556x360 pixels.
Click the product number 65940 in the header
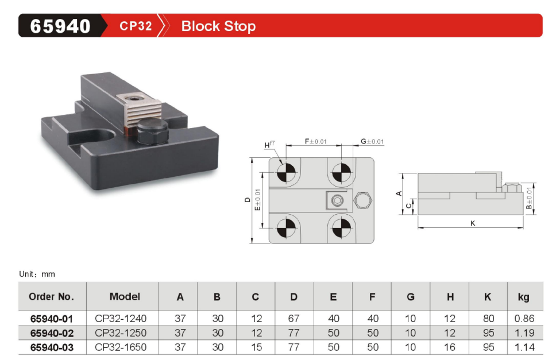(x=60, y=26)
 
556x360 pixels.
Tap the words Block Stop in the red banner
(x=218, y=26)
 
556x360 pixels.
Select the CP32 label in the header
(x=136, y=26)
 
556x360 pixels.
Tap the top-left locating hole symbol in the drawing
(x=285, y=172)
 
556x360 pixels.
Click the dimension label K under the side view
(x=473, y=223)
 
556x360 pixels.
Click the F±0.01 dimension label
(x=316, y=141)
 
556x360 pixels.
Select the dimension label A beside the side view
(x=398, y=193)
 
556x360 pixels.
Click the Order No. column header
(x=52, y=297)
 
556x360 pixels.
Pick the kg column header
(x=523, y=297)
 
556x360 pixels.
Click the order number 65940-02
(x=52, y=333)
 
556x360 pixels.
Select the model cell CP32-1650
(x=121, y=347)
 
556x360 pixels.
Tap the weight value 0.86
(x=523, y=319)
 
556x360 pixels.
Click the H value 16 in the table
(x=450, y=347)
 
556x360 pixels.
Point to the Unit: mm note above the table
(x=37, y=274)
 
